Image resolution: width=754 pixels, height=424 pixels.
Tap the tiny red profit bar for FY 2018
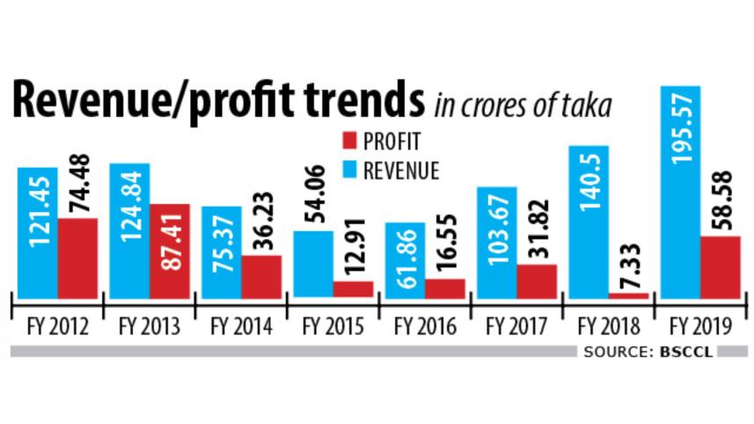(628, 296)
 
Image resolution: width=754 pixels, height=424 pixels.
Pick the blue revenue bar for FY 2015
(313, 264)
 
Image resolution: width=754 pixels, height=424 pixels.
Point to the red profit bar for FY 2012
(77, 258)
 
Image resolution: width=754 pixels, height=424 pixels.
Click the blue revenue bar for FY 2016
(405, 260)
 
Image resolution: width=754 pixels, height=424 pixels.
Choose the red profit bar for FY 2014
(261, 276)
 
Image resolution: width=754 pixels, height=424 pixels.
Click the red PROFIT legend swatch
(347, 140)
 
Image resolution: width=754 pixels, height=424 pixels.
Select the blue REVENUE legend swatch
(347, 170)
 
